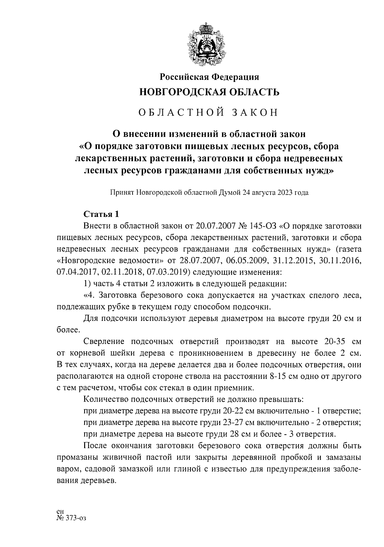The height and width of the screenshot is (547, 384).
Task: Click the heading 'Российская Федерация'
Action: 209,77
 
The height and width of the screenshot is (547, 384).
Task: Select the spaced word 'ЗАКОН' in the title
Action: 254,113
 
